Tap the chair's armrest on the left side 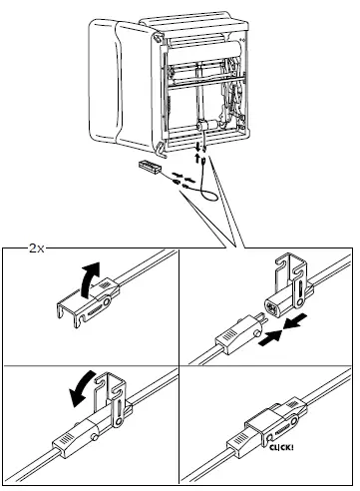click(111, 90)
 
